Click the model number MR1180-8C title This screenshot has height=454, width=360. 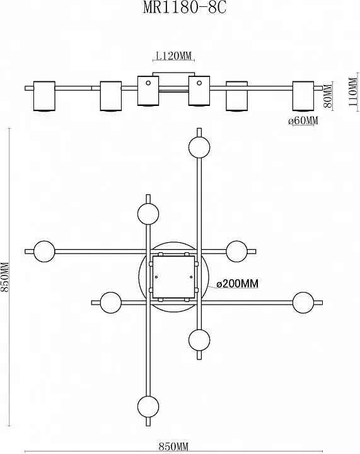pos(185,8)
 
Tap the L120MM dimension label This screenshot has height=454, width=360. pos(173,55)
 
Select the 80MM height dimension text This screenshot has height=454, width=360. pos(328,96)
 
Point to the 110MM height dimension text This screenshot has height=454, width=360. pos(353,92)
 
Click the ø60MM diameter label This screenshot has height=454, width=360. pos(303,120)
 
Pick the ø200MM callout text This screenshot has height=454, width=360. pos(237,284)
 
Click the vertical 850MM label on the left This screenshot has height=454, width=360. pos(5,277)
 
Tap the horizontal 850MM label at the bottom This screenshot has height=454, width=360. pos(173,446)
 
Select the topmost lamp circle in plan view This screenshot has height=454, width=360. pos(199,147)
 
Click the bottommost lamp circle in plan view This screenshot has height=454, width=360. pos(148,406)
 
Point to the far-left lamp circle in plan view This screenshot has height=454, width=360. pos(44,252)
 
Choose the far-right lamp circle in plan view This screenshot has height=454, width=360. pos(303,303)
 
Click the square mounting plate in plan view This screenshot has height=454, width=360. pos(173,277)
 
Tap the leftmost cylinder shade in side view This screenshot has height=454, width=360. pos(44,96)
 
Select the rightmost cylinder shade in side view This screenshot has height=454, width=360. pos(303,96)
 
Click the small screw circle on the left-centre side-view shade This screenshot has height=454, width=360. pos(148,83)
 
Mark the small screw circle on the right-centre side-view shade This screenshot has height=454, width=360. pos(199,83)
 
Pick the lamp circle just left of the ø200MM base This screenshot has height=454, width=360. pos(111,303)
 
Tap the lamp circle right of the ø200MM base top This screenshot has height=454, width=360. pos(236,252)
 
